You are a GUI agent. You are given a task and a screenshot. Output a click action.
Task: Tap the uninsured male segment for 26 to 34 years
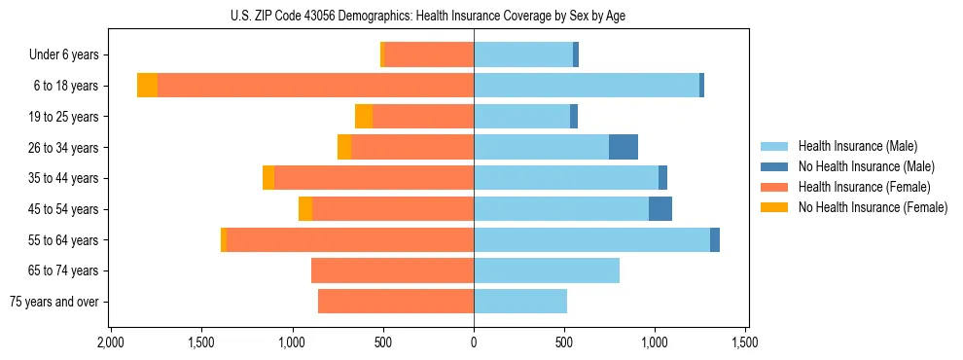coord(624,147)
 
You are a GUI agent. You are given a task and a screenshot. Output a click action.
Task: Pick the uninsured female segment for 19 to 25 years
coord(364,117)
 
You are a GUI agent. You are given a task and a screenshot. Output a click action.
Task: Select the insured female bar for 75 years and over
coord(396,302)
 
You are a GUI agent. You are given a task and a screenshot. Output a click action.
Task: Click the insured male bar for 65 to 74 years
coord(547,270)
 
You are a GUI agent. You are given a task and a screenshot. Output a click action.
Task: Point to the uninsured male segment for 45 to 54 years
coord(660,209)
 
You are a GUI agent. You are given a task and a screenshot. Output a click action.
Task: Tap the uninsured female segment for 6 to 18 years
coord(147,86)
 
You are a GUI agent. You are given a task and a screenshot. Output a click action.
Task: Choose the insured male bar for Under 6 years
coord(523,54)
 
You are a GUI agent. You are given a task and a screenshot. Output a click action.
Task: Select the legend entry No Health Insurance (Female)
coord(873,207)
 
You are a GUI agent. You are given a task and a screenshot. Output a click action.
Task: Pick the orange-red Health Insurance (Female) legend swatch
coord(775,187)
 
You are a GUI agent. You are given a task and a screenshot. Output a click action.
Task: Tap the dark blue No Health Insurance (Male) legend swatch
coord(775,166)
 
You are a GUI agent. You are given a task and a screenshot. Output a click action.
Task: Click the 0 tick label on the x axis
coord(474,343)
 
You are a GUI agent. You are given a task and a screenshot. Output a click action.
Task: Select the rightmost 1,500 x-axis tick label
coord(745,343)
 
